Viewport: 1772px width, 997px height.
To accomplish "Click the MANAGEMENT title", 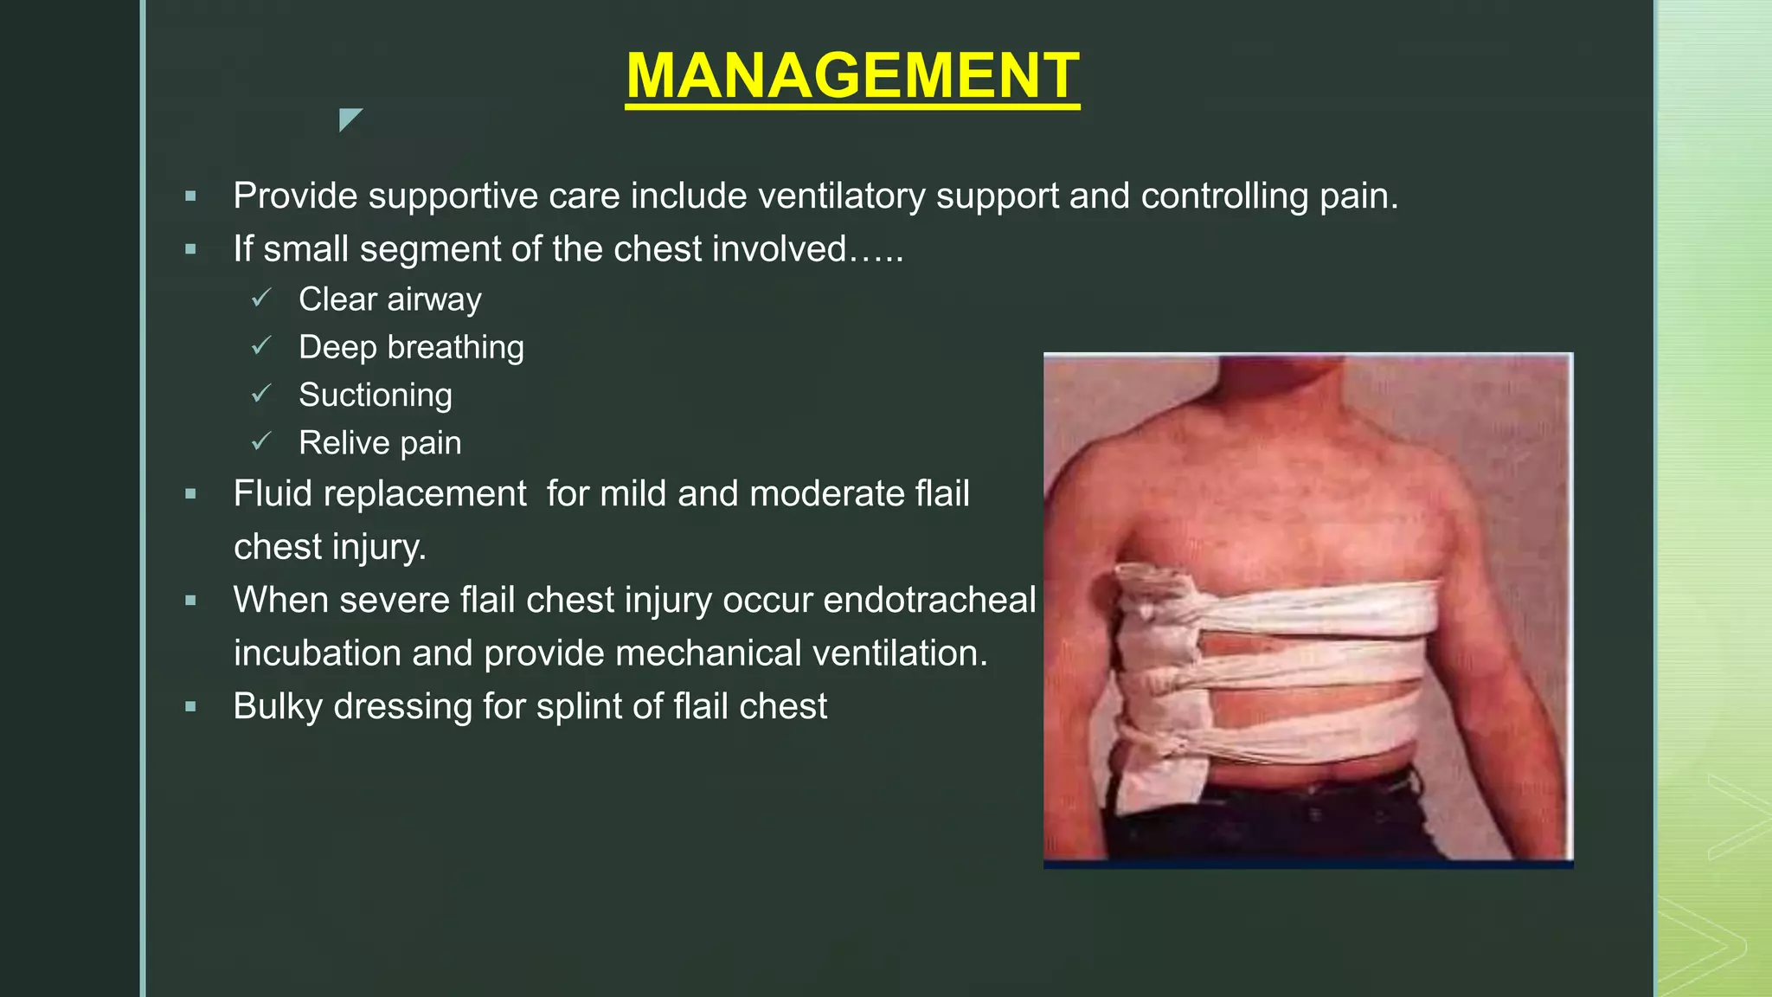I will (852, 76).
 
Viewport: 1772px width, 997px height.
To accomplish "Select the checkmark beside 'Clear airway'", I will (261, 299).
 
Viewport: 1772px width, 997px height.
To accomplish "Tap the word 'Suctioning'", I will (375, 396).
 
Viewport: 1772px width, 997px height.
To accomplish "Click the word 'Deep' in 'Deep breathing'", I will (337, 347).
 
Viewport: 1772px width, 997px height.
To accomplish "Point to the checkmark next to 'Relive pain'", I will (261, 442).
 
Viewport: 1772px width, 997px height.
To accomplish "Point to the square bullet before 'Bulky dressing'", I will (191, 707).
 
